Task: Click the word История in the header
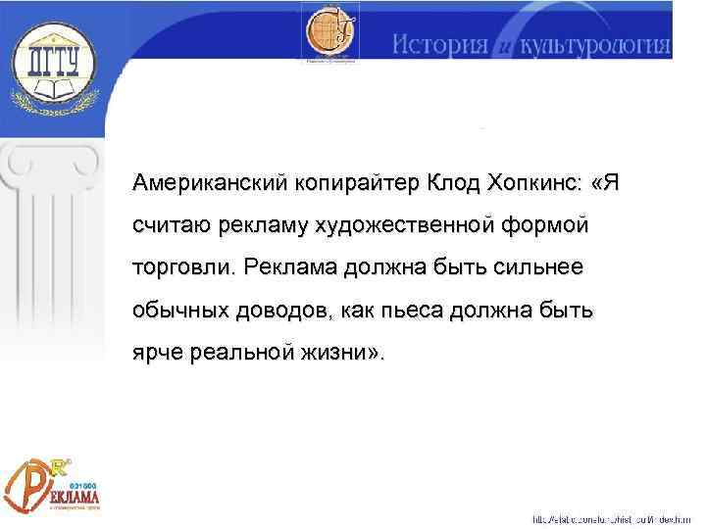(x=437, y=45)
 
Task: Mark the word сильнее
(x=547, y=267)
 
